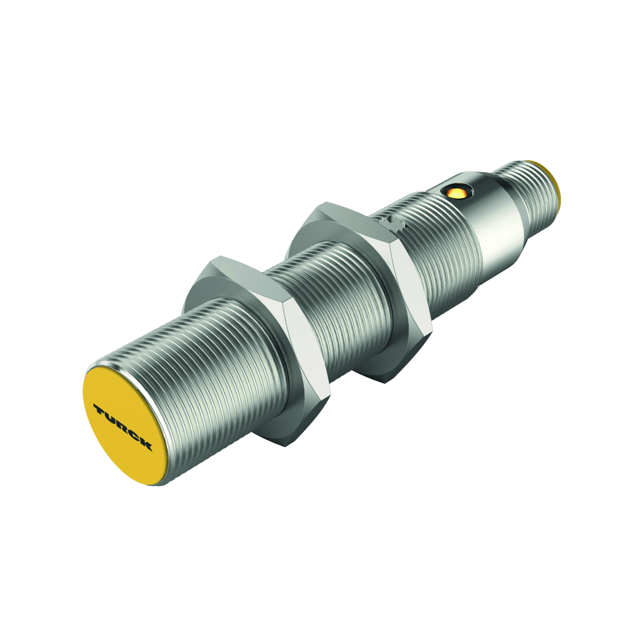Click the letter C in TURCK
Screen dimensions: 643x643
[x=134, y=436]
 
